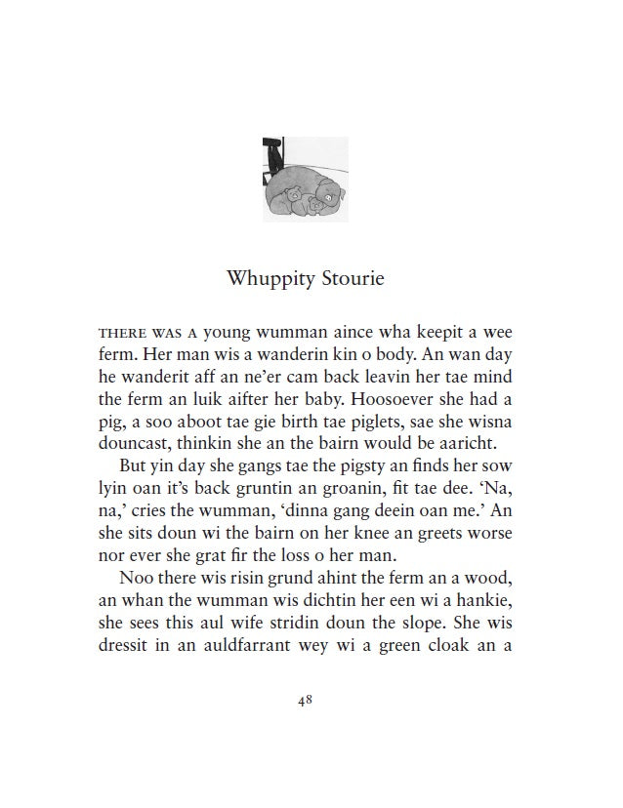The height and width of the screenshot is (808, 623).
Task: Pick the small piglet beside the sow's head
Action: (315, 204)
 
